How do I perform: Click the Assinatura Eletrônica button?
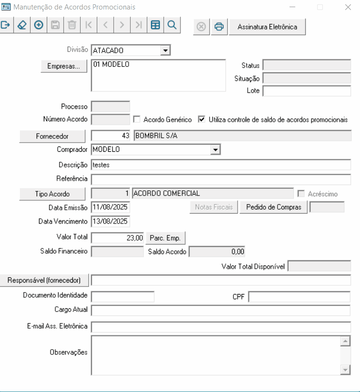pyautogui.click(x=267, y=27)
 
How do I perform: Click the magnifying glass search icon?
pyautogui.click(x=172, y=25)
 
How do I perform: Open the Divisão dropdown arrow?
pyautogui.click(x=165, y=50)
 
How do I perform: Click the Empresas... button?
pyautogui.click(x=64, y=67)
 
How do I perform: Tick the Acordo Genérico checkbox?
pyautogui.click(x=137, y=120)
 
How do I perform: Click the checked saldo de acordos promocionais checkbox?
pyautogui.click(x=201, y=120)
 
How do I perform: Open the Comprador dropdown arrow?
pyautogui.click(x=216, y=150)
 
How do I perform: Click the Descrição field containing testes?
pyautogui.click(x=220, y=165)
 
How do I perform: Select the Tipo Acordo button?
pyautogui.click(x=52, y=194)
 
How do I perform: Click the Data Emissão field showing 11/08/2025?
pyautogui.click(x=110, y=207)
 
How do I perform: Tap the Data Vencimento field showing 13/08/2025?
pyautogui.click(x=110, y=222)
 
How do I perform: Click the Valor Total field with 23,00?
pyautogui.click(x=117, y=237)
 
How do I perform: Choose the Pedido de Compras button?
pyautogui.click(x=274, y=207)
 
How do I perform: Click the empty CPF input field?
pyautogui.click(x=299, y=297)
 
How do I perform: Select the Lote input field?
pyautogui.click(x=307, y=91)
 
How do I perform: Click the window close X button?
pyautogui.click(x=348, y=7)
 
